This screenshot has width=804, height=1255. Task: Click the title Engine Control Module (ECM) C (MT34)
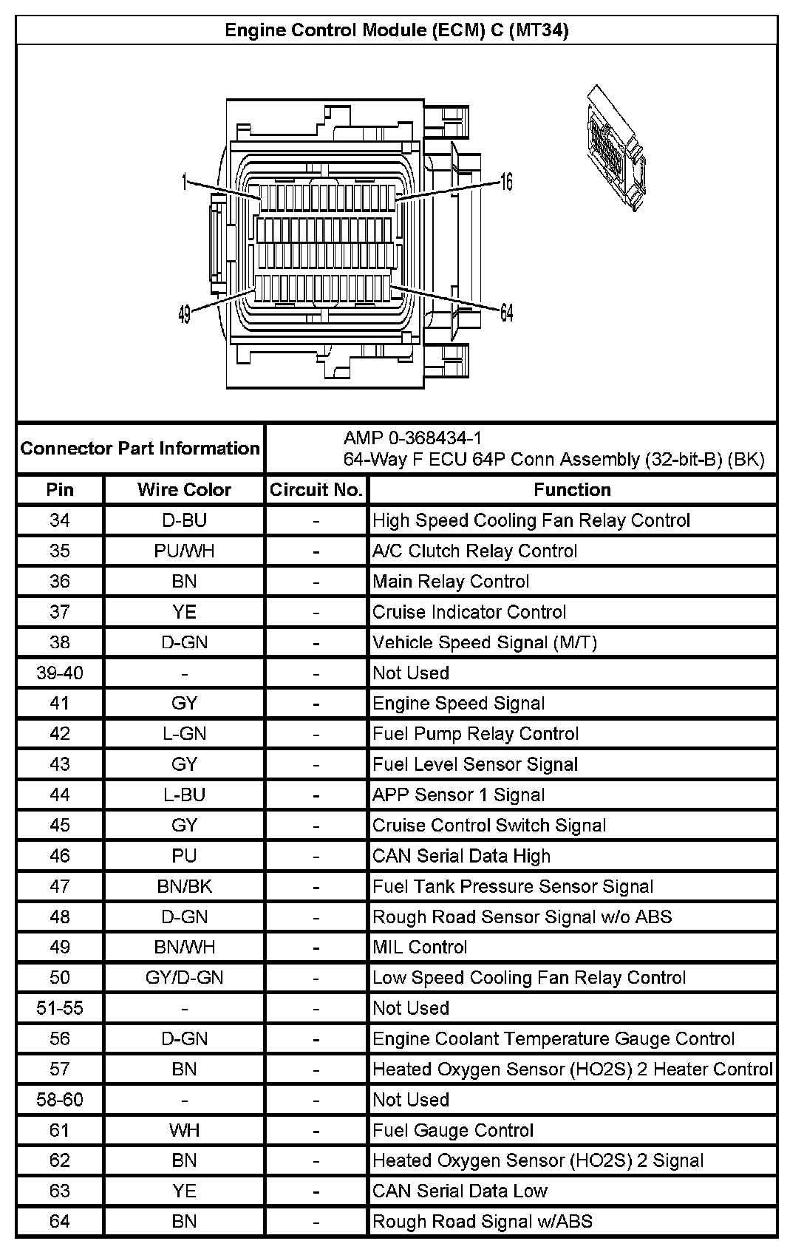coord(396,30)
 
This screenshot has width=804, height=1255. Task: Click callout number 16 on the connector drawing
coord(506,182)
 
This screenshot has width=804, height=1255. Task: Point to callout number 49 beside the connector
coord(185,315)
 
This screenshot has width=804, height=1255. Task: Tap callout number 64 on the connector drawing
coord(506,313)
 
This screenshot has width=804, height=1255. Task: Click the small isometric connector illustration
coord(615,148)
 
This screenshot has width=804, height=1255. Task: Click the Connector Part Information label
coord(140,449)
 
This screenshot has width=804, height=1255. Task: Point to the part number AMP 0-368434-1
coord(412,438)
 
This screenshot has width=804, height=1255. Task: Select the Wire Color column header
coord(184,490)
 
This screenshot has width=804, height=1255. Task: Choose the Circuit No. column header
coord(316,490)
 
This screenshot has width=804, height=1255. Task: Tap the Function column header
coord(572,490)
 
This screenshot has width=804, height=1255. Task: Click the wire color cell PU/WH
coord(184,551)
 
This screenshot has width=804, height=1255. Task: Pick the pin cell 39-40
coord(60,673)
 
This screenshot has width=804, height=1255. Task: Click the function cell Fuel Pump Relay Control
coord(475,734)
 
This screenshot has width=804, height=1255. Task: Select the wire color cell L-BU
coord(184,795)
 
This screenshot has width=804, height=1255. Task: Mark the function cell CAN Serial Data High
coord(461,856)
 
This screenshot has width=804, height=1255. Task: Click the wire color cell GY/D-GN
coord(184,978)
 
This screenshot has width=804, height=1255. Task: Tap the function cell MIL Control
coord(420,948)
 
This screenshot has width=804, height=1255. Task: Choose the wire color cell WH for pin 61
coord(184,1131)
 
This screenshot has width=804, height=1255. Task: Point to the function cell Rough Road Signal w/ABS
coord(482,1222)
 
